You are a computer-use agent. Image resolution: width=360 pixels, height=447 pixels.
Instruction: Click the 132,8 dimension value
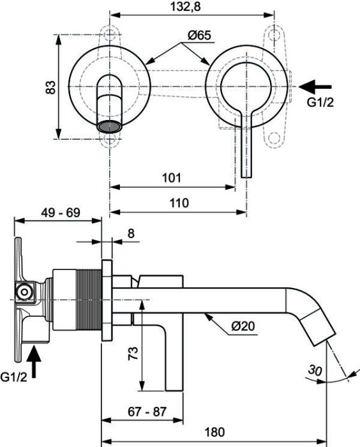(x=186, y=6)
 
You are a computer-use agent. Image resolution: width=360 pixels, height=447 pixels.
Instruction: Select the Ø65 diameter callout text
(x=199, y=35)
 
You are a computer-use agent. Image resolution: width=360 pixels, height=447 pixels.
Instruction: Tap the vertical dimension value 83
(x=50, y=87)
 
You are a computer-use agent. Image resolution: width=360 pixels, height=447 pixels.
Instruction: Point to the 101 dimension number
(x=171, y=178)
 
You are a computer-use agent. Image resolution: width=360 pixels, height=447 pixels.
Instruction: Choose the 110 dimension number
(x=179, y=203)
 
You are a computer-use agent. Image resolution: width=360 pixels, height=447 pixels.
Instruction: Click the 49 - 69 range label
(x=61, y=213)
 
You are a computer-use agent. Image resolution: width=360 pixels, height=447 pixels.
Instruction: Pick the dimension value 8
(x=131, y=234)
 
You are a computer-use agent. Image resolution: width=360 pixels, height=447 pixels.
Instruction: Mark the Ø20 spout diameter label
(x=243, y=326)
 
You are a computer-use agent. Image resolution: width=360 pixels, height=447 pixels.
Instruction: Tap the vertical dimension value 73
(x=133, y=353)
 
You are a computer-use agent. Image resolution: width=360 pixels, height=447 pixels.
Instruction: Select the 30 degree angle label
(x=315, y=370)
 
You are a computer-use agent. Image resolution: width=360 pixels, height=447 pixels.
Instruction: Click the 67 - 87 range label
(x=147, y=412)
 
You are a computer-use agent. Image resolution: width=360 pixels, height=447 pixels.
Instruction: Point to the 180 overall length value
(x=214, y=432)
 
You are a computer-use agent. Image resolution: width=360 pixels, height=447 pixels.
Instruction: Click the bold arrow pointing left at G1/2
(x=315, y=87)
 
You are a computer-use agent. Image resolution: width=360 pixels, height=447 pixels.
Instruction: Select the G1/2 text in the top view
(x=320, y=102)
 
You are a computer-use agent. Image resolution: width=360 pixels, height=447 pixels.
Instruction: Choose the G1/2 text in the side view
(x=13, y=377)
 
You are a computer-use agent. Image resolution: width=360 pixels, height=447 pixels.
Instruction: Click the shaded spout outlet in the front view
(x=109, y=126)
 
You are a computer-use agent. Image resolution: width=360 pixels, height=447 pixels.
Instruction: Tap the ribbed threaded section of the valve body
(x=89, y=300)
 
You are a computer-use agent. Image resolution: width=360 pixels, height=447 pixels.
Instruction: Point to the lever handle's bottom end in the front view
(x=246, y=177)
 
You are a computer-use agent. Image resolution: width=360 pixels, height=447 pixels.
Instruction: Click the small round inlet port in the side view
(x=24, y=292)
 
